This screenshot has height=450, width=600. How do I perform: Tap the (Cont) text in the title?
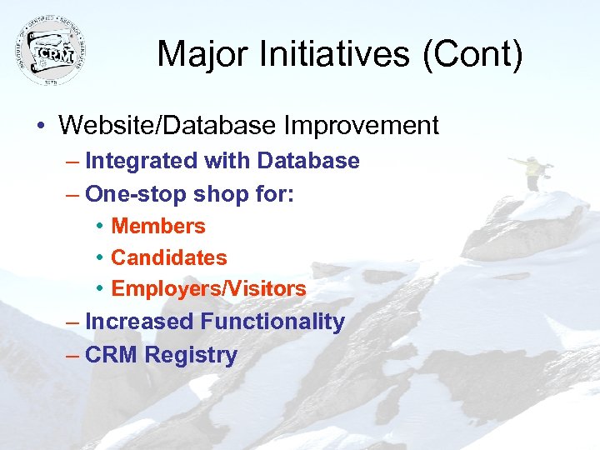point(482,55)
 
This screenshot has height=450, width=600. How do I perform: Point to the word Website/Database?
point(167,126)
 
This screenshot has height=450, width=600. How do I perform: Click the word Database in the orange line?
point(308,161)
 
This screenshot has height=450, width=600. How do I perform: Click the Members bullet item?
point(158,226)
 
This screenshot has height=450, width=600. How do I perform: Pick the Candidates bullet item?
point(169,257)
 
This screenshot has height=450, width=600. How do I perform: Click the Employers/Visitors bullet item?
point(208,289)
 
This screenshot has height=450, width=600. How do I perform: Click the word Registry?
point(191,355)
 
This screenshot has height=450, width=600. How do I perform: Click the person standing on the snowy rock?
point(530,170)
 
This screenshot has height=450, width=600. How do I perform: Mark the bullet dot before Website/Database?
point(40,127)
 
